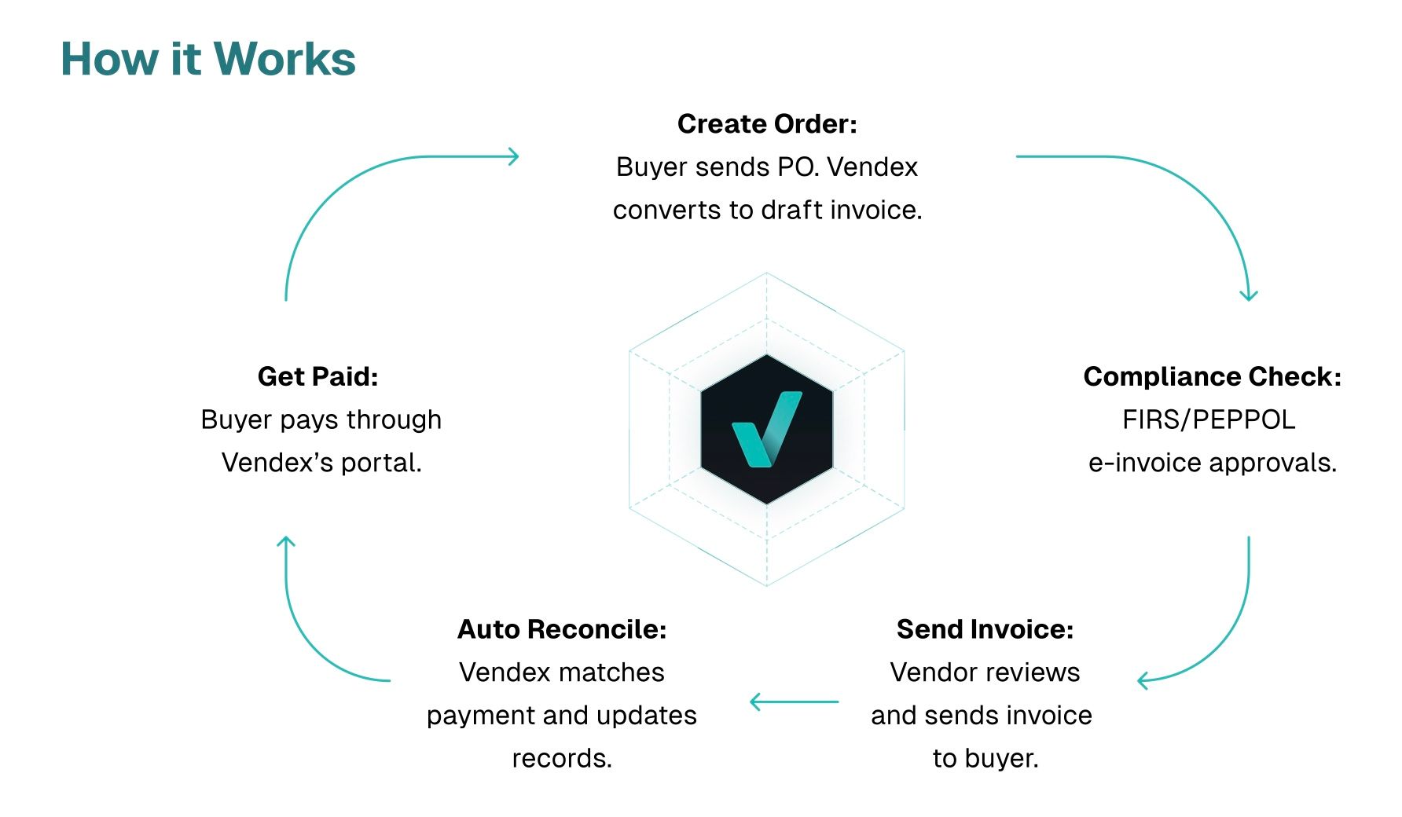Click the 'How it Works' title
pos(208,59)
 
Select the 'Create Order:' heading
pos(767,124)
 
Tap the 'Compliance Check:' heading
pos(1212,377)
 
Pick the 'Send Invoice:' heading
pos(985,629)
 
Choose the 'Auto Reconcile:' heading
pos(562,629)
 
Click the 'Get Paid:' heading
pos(318,377)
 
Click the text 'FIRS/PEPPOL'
pos(1209,420)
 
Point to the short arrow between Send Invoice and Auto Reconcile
pos(794,702)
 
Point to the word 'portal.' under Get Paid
pos(381,463)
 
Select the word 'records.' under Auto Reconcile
pos(562,759)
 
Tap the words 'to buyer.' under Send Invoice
pos(985,759)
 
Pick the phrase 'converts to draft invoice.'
pos(767,211)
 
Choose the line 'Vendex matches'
pos(562,672)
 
